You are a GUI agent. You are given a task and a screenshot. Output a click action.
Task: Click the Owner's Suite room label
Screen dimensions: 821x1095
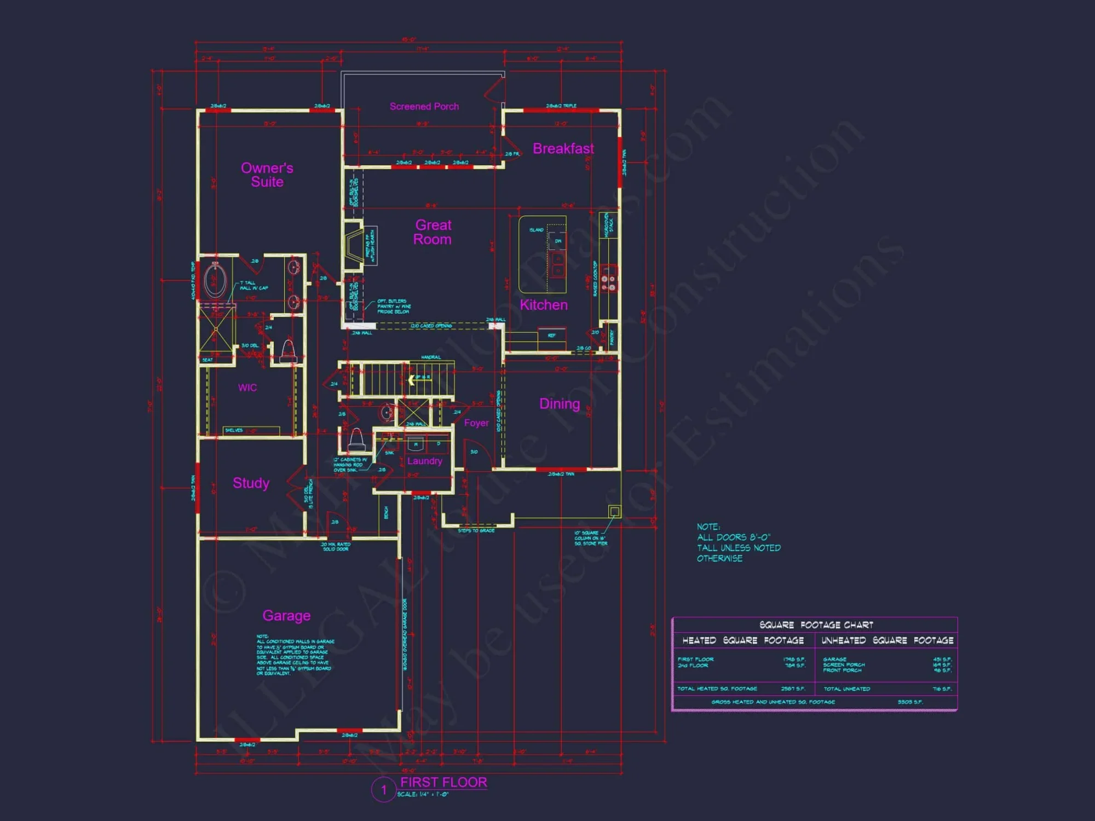point(267,175)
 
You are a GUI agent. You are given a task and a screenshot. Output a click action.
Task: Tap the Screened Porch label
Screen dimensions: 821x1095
point(424,107)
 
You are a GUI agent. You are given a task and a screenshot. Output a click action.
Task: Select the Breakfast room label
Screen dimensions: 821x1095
point(563,149)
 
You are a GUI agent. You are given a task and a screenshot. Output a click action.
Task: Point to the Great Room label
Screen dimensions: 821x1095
point(433,232)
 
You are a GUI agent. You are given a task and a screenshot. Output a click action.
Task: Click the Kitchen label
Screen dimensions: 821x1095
point(544,305)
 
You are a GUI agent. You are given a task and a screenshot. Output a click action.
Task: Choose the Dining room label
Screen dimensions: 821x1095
point(560,404)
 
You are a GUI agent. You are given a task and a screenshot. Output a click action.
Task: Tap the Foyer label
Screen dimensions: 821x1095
point(476,423)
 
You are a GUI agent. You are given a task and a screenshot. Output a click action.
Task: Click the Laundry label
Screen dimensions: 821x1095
point(424,461)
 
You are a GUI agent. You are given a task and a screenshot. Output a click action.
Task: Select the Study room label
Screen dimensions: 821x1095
point(251,483)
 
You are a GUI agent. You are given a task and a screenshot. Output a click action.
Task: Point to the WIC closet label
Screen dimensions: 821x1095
point(247,388)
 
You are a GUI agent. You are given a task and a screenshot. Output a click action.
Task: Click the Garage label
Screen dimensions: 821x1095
point(286,616)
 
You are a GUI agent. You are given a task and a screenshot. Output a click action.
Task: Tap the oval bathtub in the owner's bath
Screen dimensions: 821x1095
point(215,280)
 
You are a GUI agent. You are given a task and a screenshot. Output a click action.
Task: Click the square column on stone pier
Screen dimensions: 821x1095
point(615,512)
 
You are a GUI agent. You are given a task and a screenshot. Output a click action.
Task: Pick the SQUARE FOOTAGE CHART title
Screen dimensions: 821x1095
point(816,625)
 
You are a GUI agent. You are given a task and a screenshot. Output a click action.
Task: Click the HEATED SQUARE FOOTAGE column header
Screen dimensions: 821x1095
point(743,640)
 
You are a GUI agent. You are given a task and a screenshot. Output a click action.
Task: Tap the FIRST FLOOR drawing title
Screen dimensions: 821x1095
point(443,782)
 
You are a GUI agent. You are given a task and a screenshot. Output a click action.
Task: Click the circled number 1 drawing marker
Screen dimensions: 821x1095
point(383,790)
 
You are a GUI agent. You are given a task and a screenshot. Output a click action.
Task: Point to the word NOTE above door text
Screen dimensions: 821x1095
point(708,527)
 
